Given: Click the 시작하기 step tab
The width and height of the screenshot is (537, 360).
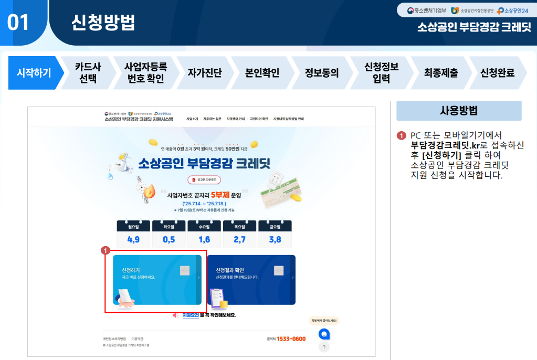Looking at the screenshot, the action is tap(34, 73).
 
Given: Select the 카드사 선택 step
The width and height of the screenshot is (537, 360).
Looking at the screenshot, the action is tap(88, 73).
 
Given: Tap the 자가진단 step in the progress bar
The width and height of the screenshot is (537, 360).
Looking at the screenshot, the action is tap(205, 73).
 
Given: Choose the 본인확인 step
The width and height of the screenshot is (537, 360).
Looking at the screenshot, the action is tap(262, 73).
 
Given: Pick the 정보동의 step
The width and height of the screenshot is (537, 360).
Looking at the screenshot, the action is tap(321, 73).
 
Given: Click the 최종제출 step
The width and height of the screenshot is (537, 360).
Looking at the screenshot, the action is tap(440, 73).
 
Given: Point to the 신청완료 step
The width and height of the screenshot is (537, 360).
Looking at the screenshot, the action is tap(497, 73).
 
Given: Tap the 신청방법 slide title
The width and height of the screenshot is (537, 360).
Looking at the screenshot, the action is tap(103, 22).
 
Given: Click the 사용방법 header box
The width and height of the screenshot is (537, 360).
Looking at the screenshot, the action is tap(458, 111).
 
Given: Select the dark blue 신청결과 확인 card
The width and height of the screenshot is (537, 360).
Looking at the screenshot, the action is tap(251, 280).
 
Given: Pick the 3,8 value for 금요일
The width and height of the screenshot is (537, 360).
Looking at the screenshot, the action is tap(275, 240).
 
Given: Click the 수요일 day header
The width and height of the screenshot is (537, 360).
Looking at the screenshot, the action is tap(204, 227).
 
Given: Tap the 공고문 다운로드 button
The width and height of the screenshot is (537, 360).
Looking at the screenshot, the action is tap(204, 180).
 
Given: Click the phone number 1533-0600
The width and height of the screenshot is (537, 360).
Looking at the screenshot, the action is tap(291, 339).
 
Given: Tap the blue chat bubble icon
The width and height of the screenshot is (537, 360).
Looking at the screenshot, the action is tap(324, 334).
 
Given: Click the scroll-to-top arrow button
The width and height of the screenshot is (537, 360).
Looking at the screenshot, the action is tap(324, 347).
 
